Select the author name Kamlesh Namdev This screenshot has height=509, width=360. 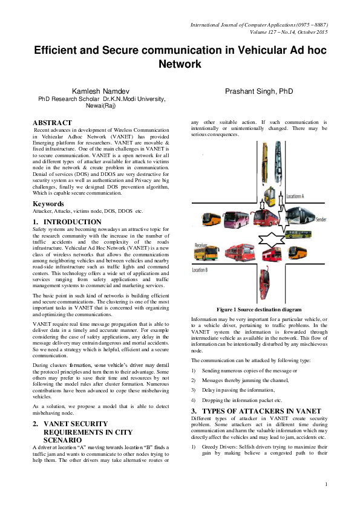[102, 90]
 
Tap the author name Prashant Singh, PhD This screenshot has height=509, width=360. [259, 90]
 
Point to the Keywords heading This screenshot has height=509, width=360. [48, 204]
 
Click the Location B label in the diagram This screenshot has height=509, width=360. [200, 270]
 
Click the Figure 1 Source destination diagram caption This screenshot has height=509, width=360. [260, 310]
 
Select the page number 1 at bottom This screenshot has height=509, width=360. [326, 501]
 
